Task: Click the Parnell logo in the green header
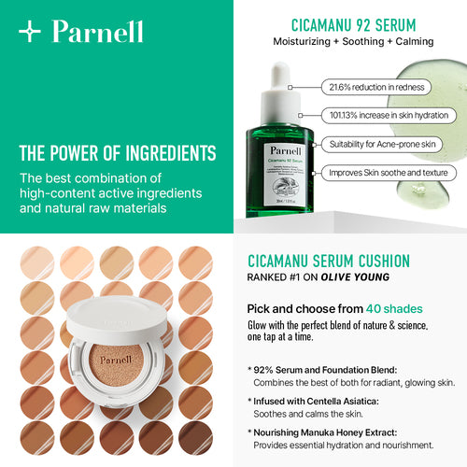tap(97, 32)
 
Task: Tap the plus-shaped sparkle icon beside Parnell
tap(31, 32)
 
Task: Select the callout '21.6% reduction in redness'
tap(375, 87)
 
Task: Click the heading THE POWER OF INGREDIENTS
tap(117, 153)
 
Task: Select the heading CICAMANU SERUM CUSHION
tap(341, 262)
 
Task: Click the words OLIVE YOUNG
tap(356, 278)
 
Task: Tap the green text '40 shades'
tap(393, 309)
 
